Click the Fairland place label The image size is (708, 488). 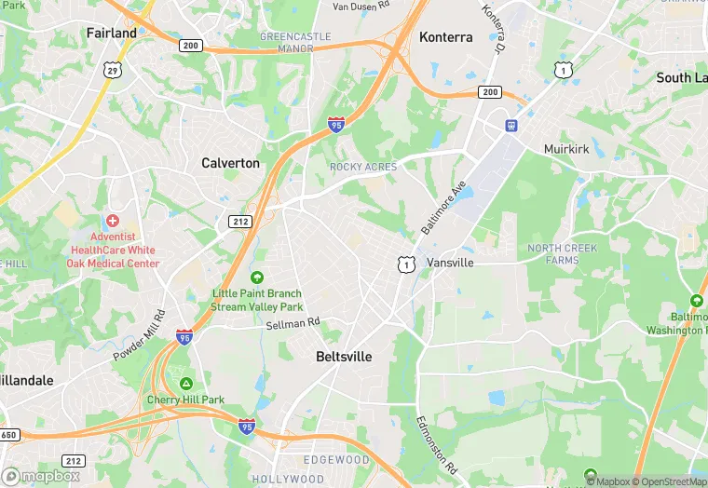[x=111, y=33]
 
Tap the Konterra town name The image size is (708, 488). [x=445, y=37]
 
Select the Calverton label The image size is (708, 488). [x=230, y=163]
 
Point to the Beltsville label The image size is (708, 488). [x=344, y=357]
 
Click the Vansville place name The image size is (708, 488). [x=450, y=263]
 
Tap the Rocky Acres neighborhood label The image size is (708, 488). [x=362, y=167]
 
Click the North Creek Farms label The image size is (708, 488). [x=566, y=253]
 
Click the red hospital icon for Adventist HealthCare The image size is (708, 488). [x=113, y=221]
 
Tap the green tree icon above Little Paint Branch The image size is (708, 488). [x=257, y=278]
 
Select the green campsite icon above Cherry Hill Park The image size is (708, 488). [x=186, y=384]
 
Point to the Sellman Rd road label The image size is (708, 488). [x=293, y=322]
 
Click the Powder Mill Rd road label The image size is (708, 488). [x=139, y=336]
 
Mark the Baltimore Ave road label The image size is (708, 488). [x=442, y=208]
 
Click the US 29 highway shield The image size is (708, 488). [x=113, y=70]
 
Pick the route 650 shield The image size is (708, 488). [x=8, y=435]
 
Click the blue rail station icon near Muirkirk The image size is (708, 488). [x=511, y=125]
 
